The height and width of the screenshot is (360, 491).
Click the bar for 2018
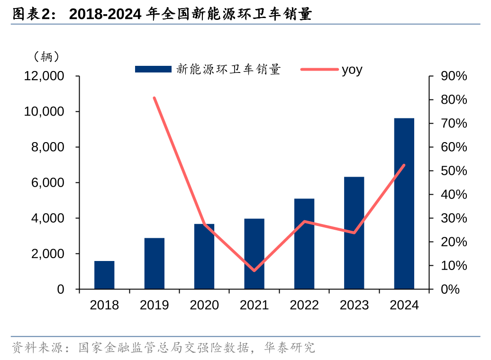coord(104,275)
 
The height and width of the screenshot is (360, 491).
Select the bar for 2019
coord(155,263)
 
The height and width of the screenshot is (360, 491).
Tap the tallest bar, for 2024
coord(404,204)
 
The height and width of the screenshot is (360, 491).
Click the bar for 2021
coord(254,254)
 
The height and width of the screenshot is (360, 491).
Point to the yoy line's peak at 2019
coord(155,98)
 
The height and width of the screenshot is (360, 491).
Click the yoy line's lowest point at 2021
coord(254,270)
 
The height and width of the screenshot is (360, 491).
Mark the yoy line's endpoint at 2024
coord(404,165)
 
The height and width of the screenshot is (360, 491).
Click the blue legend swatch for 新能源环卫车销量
coord(153,70)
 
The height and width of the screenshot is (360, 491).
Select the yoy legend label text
coord(352,70)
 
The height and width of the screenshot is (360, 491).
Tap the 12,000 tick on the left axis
coord(44,76)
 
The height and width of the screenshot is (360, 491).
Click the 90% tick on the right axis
coord(454,76)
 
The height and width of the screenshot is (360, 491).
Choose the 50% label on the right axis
coord(454,171)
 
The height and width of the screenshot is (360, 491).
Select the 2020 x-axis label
coord(204,305)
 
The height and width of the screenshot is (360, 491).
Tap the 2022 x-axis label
coord(304,305)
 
